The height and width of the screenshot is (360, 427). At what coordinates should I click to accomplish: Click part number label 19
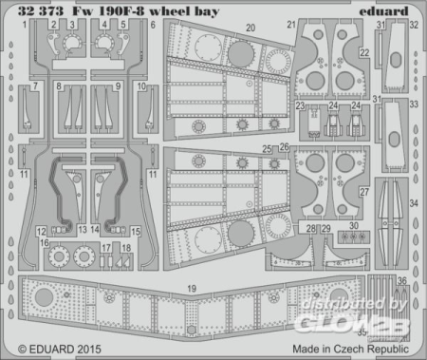(192, 261)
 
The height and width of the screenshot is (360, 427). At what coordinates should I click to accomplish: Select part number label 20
(249, 29)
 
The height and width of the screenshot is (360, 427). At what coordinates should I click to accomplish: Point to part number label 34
(412, 203)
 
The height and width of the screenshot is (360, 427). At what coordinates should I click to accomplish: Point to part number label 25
(269, 149)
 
